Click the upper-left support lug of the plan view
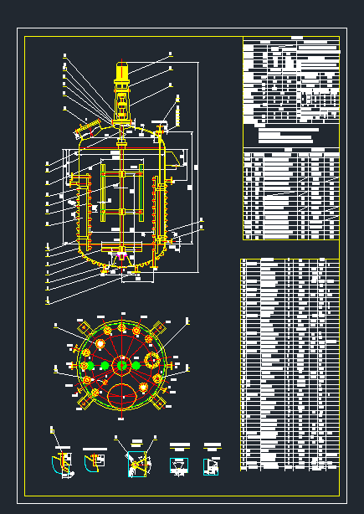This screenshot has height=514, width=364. tap(82, 328)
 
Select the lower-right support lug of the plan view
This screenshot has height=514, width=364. tap(162, 403)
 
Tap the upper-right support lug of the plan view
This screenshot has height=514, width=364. tap(161, 328)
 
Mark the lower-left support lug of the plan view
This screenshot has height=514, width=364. tap(83, 403)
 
